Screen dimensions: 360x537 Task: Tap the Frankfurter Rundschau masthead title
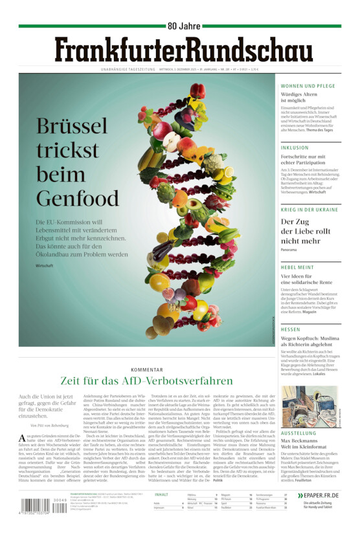[180, 50]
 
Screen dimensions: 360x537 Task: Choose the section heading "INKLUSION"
[295, 148]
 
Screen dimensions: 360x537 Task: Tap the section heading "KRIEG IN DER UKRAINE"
[309, 210]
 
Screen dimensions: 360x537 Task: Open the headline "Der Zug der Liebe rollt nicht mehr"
[305, 231]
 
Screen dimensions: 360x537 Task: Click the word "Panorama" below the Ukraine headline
[289, 250]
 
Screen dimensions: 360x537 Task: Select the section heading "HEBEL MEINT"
[297, 267]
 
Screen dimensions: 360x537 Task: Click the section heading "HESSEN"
[291, 329]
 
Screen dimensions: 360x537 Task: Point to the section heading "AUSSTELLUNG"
[298, 433]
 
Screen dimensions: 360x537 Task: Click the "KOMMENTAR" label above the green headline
[146, 369]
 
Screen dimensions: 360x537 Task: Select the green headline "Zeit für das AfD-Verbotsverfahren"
[146, 380]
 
